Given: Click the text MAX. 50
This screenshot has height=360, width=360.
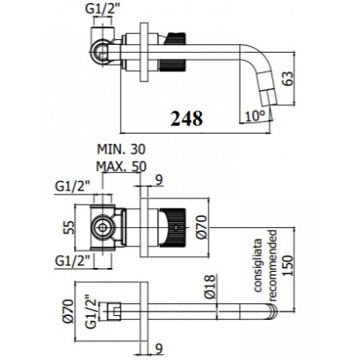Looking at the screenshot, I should pos(122,166).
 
